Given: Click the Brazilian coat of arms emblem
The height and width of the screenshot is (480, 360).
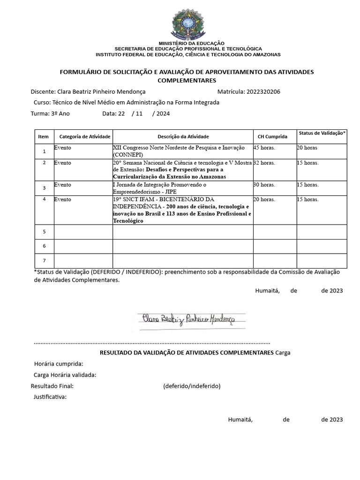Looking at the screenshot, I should pos(188,24).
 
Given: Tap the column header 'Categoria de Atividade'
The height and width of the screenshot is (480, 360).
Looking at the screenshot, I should pos(85,137).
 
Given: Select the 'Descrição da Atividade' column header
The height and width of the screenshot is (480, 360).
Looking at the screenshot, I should pos(183,137).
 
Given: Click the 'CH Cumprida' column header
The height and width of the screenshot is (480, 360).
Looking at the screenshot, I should pos(272,137).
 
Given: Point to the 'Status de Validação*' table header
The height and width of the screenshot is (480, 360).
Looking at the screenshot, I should pos(322,134).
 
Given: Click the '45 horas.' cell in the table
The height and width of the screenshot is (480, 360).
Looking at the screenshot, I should pos(264,148).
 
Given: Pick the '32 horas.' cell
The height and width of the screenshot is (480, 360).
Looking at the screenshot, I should pos(264,163).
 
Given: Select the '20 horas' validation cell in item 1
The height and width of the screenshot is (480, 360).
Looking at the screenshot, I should pos(307,148).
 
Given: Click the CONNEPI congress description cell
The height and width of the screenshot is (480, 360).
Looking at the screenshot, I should pos(179,151).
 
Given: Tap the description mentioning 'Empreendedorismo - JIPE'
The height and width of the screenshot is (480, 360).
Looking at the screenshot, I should pos(159,188).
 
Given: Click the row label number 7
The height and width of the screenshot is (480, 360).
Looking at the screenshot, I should pos(44,260).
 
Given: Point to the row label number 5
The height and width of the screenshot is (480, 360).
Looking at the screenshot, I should pos(44,232).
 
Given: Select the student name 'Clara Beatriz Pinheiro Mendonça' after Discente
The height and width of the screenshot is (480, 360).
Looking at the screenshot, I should pos(101,92).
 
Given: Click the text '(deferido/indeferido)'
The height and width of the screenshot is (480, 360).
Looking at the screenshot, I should pos(192,386).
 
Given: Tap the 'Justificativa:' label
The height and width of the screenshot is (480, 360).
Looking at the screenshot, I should pos(50,397).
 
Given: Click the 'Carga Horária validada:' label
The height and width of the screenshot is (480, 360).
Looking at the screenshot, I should pos(65,375).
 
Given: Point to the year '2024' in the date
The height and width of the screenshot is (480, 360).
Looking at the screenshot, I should pos(163,113).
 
